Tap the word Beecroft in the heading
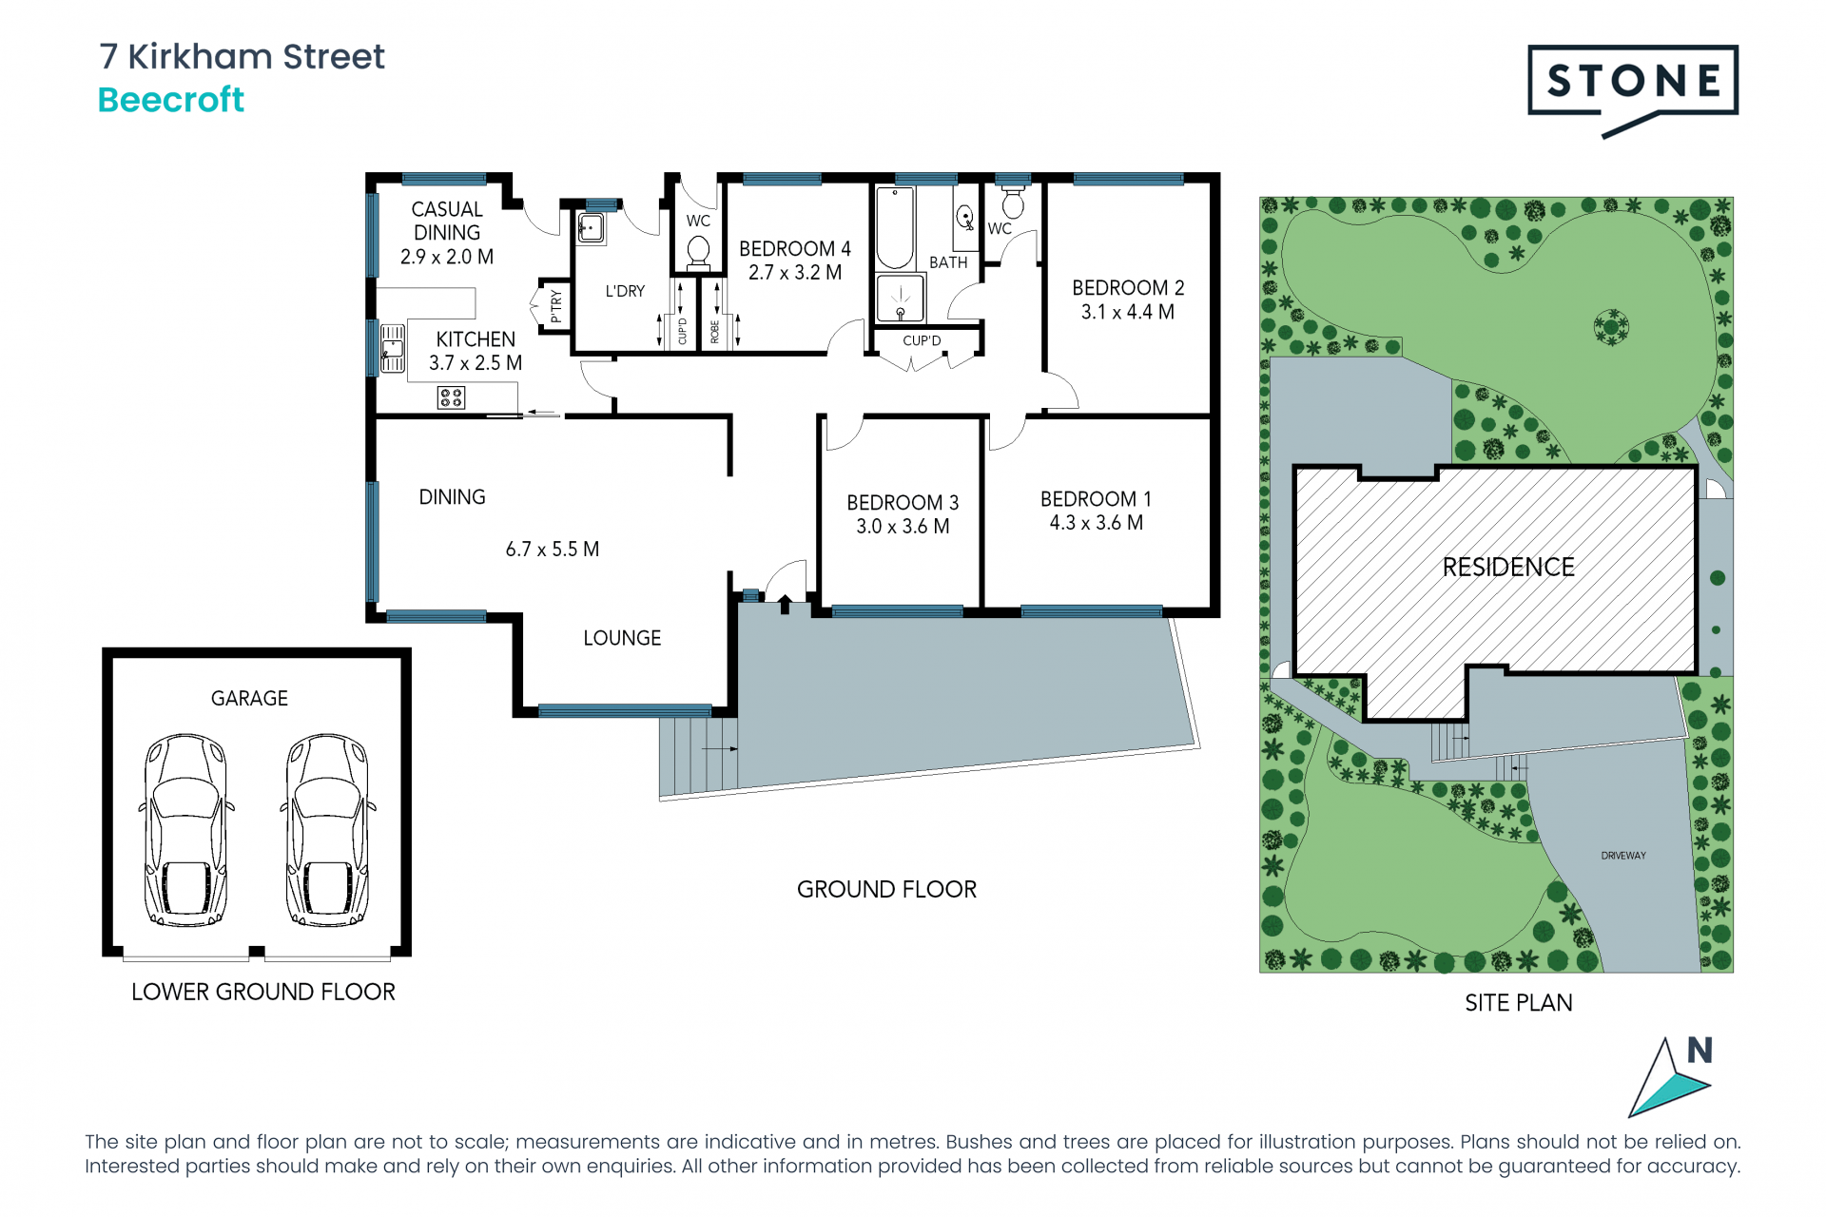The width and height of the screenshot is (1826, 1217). point(171,100)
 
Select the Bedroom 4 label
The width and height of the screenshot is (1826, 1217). point(795,248)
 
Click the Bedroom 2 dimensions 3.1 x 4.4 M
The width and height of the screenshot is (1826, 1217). point(1128,312)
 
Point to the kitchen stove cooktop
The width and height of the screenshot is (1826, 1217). point(451,397)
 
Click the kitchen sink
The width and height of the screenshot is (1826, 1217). point(393,348)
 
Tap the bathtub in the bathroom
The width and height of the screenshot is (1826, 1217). point(895,228)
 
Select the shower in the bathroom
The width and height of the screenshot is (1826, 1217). point(900,299)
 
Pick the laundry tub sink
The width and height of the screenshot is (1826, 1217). point(591,228)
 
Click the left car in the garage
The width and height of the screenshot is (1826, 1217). point(186,829)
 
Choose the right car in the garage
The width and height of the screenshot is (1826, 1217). point(328,829)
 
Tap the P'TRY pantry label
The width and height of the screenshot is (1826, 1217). point(556,306)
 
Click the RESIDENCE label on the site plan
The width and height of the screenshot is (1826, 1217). point(1508,568)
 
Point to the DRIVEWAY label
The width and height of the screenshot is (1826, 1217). point(1623,856)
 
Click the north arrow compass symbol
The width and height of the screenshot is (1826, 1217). point(1671,1077)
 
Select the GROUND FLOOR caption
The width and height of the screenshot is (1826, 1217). point(886,890)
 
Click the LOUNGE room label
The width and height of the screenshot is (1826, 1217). point(622,638)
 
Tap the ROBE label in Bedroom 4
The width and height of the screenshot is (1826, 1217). point(715,332)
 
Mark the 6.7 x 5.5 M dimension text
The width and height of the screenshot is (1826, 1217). point(553,550)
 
